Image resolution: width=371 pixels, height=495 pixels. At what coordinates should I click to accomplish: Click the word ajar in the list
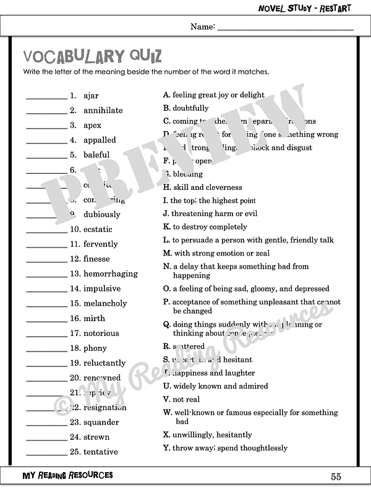tap(91, 96)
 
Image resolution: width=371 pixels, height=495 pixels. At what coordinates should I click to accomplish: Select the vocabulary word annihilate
tap(103, 111)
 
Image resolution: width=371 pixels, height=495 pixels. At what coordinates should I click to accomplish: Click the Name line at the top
tap(285, 28)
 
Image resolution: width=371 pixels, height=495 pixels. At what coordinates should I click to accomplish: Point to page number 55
tap(336, 476)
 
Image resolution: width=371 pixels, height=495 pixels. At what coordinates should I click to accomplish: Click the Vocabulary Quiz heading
tap(93, 57)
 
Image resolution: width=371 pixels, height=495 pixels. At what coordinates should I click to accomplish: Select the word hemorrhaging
tap(111, 274)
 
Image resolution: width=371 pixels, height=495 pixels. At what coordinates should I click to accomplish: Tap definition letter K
tap(166, 227)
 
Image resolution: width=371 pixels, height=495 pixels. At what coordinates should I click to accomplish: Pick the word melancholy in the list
tap(105, 304)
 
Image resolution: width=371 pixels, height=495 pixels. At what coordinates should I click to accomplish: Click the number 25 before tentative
tap(75, 452)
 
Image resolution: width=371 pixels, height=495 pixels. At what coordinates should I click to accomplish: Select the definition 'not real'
tap(186, 400)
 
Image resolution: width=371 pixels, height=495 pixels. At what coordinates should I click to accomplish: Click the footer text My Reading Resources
tap(67, 475)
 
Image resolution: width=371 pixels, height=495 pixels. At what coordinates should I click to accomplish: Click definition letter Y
tap(166, 448)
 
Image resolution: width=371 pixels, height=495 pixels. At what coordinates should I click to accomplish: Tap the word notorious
tap(101, 334)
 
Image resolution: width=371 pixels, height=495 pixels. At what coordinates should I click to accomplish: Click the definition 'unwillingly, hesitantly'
tap(212, 435)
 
